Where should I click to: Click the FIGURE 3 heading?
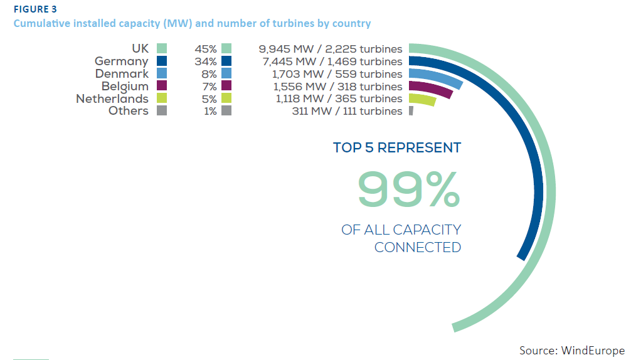coord(36,9)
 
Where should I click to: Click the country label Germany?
coord(122,61)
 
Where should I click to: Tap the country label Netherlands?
coord(112,98)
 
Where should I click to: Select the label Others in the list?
coord(129,111)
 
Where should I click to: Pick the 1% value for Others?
coord(209,111)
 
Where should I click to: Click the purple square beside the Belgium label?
coord(161,86)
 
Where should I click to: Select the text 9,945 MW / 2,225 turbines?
coord(330,49)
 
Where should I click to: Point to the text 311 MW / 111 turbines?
coord(347,111)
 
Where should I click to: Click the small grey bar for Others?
coord(411,111)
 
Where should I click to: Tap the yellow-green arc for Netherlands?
coord(422,99)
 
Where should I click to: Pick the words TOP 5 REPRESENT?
coord(397,148)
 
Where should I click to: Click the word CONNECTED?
coord(417,247)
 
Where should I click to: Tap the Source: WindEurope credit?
coord(571,350)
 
